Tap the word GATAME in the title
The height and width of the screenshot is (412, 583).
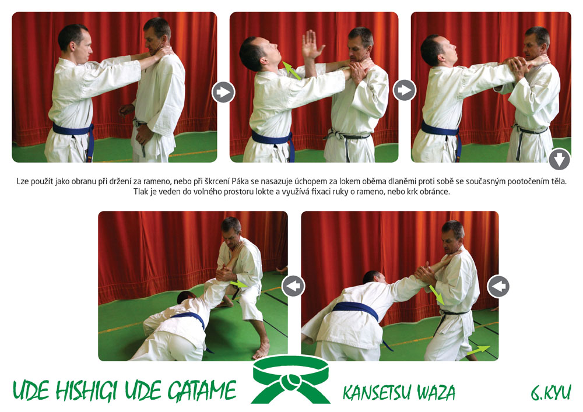pos(202,390)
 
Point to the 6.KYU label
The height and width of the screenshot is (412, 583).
pos(551,392)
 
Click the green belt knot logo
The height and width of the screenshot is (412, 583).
pos(291,380)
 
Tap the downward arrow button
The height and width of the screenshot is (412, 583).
pos(559,159)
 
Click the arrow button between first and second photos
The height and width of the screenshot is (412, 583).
pos(223,91)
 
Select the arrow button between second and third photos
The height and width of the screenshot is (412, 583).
pos(405,90)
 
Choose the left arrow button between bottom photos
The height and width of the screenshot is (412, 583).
pos(293,286)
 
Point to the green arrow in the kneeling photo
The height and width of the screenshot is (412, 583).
pos(239,284)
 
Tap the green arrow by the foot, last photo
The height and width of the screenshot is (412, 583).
pos(478,350)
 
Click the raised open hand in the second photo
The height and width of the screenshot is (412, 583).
pos(311,45)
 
